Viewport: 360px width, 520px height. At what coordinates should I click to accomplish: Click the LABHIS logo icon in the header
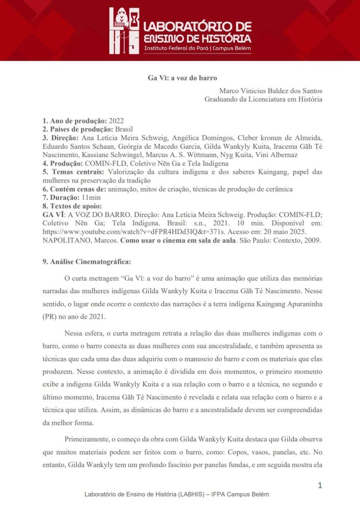click(124, 31)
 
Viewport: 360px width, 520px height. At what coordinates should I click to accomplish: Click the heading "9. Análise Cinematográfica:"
click(79, 262)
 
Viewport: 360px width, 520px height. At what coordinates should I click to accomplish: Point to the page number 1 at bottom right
click(320, 485)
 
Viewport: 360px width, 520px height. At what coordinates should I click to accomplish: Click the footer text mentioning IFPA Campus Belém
click(176, 495)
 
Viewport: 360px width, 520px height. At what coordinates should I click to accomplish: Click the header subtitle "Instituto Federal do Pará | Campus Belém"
click(197, 49)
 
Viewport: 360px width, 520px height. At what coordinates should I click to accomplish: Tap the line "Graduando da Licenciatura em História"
click(263, 100)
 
